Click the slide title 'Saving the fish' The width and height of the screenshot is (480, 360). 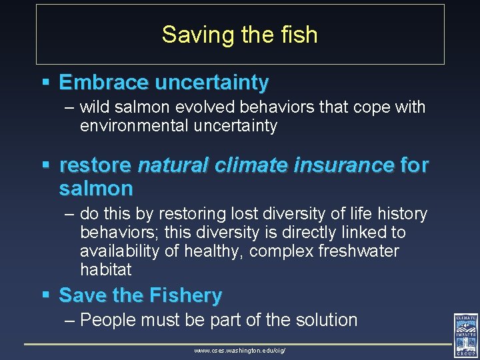click(x=239, y=35)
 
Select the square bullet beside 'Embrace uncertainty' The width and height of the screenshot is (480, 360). click(x=45, y=83)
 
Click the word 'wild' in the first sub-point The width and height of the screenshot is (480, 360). click(x=95, y=107)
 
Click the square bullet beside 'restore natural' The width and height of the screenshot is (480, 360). click(x=45, y=165)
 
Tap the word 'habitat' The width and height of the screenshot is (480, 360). click(x=106, y=270)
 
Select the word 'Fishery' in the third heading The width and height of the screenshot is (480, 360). click(x=185, y=295)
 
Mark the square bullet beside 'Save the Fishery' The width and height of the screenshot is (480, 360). click(x=45, y=295)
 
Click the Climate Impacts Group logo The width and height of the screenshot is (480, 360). click(x=465, y=335)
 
